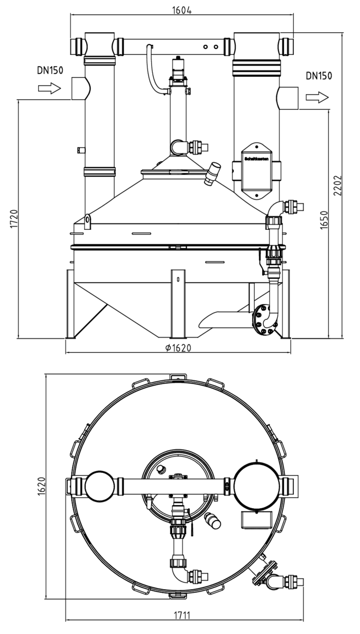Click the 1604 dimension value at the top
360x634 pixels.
(x=182, y=10)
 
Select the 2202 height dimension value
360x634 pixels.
(x=338, y=185)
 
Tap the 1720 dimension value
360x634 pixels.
(x=14, y=219)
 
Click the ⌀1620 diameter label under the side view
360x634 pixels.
(x=178, y=348)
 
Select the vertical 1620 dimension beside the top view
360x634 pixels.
(x=41, y=486)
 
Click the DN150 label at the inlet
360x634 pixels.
(x=50, y=70)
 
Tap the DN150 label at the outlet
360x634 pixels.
(x=319, y=76)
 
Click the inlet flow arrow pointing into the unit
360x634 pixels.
(x=50, y=88)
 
